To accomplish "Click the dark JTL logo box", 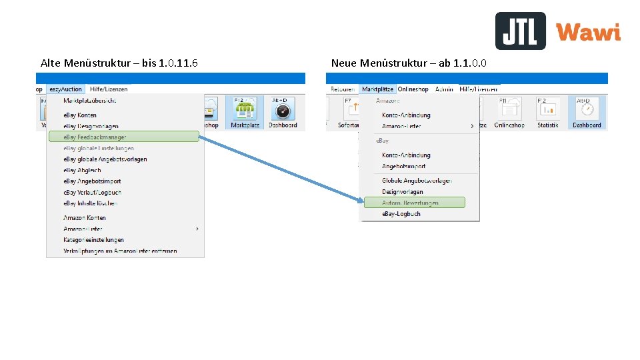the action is point(520,31).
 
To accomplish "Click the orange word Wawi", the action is point(588,32).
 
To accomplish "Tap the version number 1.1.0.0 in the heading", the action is point(469,63).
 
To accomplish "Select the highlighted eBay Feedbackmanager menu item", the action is point(124,137).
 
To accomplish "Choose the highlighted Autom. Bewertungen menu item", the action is point(414,203).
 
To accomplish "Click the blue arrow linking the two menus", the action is point(280,167).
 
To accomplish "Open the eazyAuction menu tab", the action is point(65,89).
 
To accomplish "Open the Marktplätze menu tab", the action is point(377,89).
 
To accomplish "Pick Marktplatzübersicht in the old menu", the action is point(89,101).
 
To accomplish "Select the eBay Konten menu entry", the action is point(80,115).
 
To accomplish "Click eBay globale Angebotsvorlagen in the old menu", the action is point(105,159).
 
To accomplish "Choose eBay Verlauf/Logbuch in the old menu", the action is point(93,192).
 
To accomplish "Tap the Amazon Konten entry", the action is point(85,218).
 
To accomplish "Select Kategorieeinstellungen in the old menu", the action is point(93,240).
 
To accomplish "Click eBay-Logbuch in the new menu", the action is point(401,214).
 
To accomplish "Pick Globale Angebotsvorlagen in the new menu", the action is point(417,181).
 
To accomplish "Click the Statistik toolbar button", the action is point(548,113).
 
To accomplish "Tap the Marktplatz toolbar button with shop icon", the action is point(245,113).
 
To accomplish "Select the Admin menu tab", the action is point(444,89).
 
